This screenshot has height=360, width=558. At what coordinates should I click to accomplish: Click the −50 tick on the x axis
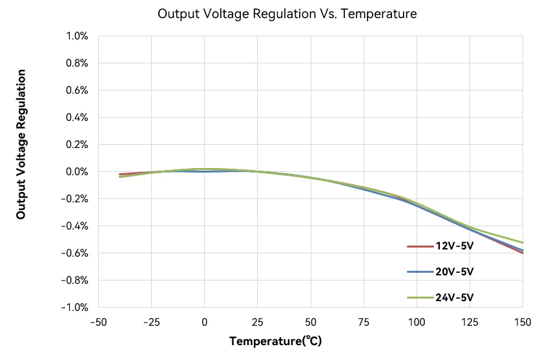tap(99, 322)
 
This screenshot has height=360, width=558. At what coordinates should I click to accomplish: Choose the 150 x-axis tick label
tap(522, 322)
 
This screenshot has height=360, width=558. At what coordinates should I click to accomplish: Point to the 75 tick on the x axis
tap(364, 322)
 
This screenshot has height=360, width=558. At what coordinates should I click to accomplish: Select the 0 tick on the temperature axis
tap(205, 322)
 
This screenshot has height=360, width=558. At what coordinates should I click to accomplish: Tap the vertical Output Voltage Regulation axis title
tap(21, 143)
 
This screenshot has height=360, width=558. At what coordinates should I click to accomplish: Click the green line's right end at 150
tap(522, 242)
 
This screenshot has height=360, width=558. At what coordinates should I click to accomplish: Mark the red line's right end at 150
tap(522, 253)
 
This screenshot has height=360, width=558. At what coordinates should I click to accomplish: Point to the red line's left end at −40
tap(120, 175)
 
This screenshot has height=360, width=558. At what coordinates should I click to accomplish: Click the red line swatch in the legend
tap(420, 246)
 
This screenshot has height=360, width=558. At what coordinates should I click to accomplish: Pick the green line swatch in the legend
tap(420, 298)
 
